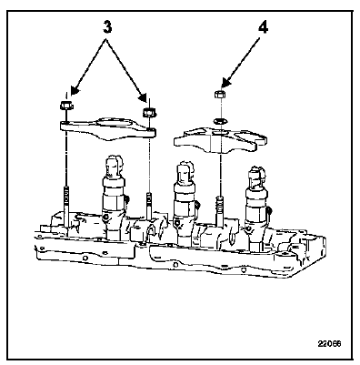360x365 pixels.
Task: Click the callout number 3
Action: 107,27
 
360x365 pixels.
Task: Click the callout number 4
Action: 263,28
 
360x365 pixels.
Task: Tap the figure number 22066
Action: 329,344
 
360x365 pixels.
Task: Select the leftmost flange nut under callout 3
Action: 65,106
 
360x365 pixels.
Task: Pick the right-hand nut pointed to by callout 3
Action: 148,112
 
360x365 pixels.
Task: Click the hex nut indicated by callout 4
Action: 219,94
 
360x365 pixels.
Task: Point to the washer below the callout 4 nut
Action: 219,121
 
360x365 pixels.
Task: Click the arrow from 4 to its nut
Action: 241,63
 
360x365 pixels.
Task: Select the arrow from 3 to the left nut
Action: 88,66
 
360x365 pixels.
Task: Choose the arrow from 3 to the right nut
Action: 126,69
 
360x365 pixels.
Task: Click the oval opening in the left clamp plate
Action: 115,124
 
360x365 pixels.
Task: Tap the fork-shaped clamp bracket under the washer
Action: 220,139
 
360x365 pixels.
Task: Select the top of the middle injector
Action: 185,173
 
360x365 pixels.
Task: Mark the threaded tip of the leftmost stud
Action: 67,193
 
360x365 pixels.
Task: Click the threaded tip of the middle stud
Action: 148,198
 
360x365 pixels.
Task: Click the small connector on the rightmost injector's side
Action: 269,209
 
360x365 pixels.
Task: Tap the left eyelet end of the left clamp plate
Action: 65,125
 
